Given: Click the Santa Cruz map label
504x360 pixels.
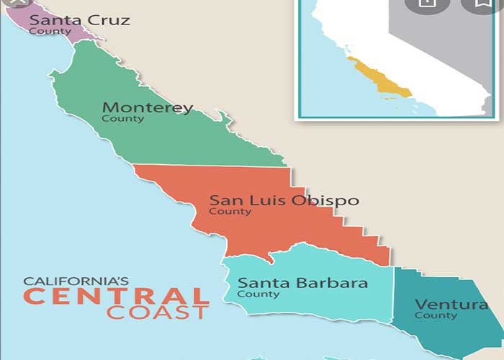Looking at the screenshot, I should tap(79, 19).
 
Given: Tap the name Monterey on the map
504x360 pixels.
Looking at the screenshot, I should tap(148, 108).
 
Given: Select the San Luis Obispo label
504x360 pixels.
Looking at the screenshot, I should tap(283, 200).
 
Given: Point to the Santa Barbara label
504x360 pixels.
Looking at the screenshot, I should tap(302, 283).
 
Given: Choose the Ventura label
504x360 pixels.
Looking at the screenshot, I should tap(451, 305).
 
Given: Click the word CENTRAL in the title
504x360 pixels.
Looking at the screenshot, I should tap(116, 296).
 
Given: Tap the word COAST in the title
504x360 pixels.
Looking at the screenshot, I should tap(158, 312).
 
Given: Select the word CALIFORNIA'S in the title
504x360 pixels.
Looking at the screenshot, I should tap(76, 281).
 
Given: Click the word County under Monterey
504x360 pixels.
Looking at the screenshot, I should tap(122, 119).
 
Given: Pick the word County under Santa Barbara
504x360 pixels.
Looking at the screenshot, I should tap(258, 294).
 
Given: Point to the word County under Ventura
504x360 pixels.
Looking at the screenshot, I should tap(436, 315).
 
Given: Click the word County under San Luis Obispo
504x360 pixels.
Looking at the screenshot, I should tap(230, 212).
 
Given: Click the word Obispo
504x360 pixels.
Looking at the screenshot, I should tap(325, 200).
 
